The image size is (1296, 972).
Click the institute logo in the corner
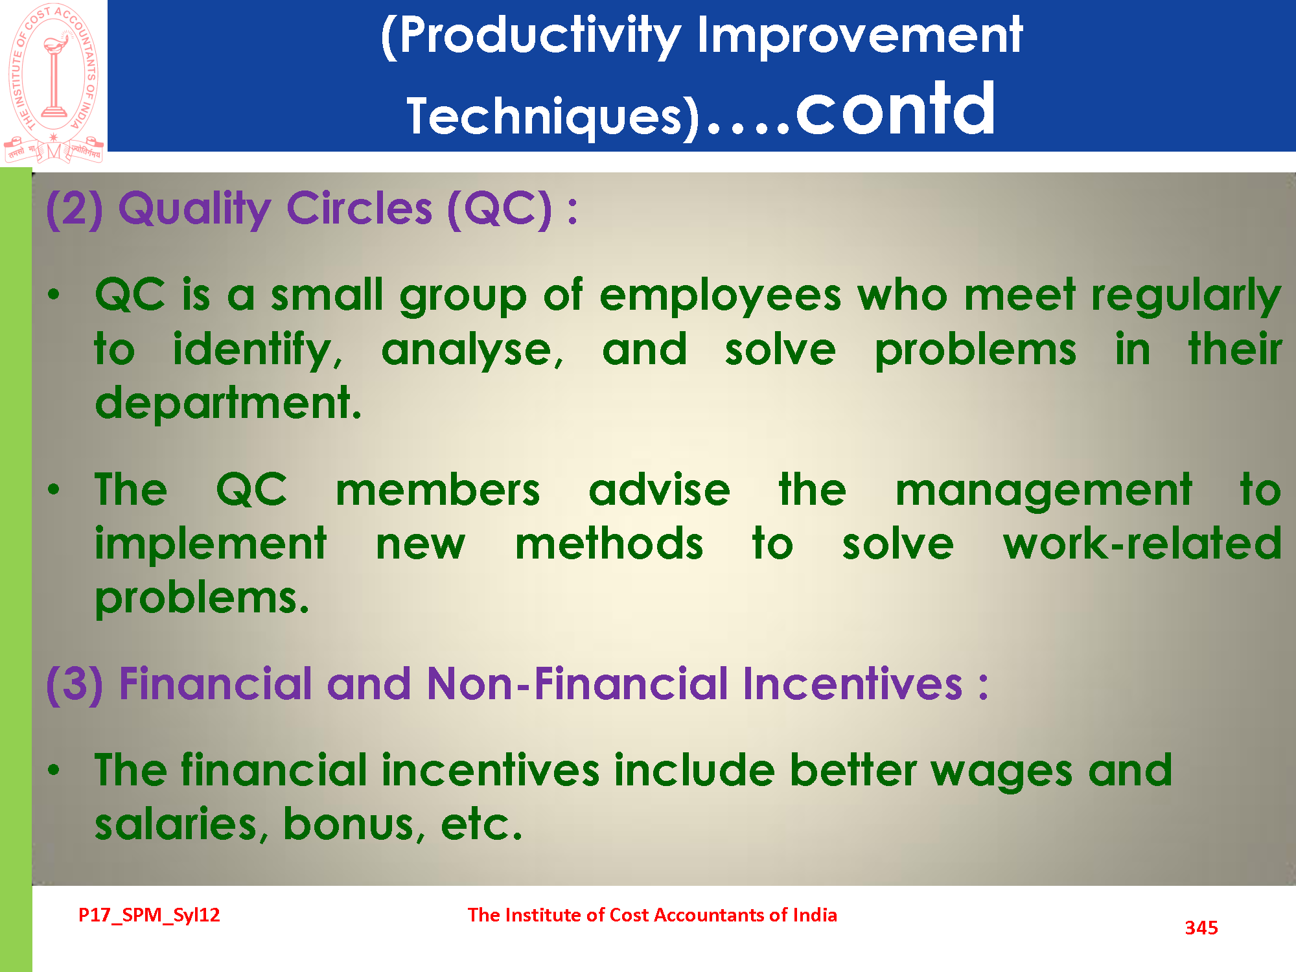click(54, 83)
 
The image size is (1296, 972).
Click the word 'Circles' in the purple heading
click(360, 209)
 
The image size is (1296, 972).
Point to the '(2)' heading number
click(75, 209)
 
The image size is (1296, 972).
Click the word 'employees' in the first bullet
click(720, 296)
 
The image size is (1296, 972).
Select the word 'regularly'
click(1186, 296)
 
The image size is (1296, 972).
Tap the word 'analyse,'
click(472, 351)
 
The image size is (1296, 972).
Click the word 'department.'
click(228, 403)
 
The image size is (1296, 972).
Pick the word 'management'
click(1043, 491)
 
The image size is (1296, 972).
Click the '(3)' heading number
click(75, 684)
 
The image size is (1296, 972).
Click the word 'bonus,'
click(354, 824)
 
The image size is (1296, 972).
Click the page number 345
click(1201, 928)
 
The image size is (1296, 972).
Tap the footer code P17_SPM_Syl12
click(149, 915)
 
